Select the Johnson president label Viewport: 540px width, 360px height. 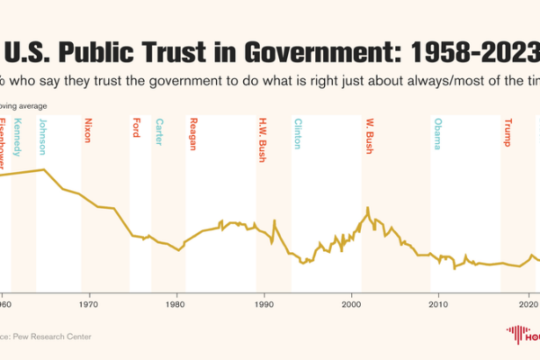(x=41, y=136)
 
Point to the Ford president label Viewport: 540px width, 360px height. (x=136, y=127)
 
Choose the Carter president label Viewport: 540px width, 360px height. (x=159, y=130)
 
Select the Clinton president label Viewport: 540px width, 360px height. (x=298, y=133)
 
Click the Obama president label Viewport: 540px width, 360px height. (x=437, y=133)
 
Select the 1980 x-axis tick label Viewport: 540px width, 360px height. (x=176, y=305)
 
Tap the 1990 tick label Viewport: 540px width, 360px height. (x=264, y=305)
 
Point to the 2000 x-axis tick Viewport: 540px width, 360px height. (x=351, y=305)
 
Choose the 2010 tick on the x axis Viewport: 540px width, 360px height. (x=438, y=305)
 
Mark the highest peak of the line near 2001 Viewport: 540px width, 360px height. (x=367, y=208)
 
